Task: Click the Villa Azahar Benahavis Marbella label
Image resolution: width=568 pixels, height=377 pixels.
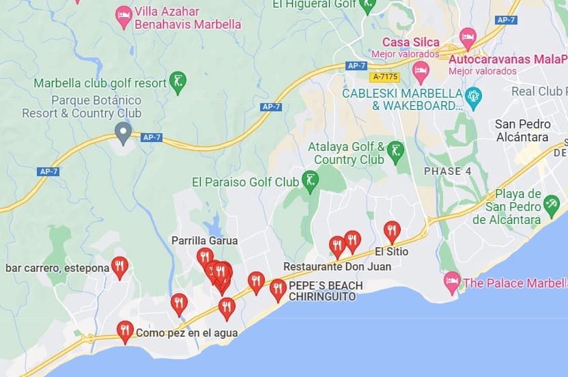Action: coord(188,18)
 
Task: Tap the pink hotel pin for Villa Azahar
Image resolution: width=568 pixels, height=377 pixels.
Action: coord(124,16)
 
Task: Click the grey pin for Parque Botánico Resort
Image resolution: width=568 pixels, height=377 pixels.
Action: coord(123,132)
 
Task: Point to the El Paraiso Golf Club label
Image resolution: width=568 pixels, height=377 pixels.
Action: coord(245,182)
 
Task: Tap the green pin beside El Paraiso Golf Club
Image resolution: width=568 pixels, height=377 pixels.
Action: coord(311,181)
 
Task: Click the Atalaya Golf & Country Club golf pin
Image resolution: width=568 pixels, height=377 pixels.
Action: coord(395,151)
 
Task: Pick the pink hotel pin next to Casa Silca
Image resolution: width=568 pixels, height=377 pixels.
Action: coord(468,37)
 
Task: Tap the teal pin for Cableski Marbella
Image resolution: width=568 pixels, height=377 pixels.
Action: coord(473,95)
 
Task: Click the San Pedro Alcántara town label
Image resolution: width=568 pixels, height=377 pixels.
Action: coord(522,130)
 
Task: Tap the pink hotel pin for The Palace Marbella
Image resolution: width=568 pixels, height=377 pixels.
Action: coord(452,281)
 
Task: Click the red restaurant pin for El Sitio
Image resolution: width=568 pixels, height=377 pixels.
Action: coord(391,231)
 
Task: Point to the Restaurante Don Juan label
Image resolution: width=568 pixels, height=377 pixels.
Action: coord(337,266)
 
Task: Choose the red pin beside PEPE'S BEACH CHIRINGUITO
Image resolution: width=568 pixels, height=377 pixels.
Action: coord(278,289)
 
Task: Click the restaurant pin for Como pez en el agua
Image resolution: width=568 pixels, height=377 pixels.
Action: coord(124,331)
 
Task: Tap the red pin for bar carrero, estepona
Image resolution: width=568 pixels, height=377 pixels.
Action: coord(119,267)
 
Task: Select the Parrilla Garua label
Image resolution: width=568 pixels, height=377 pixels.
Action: coord(204,240)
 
